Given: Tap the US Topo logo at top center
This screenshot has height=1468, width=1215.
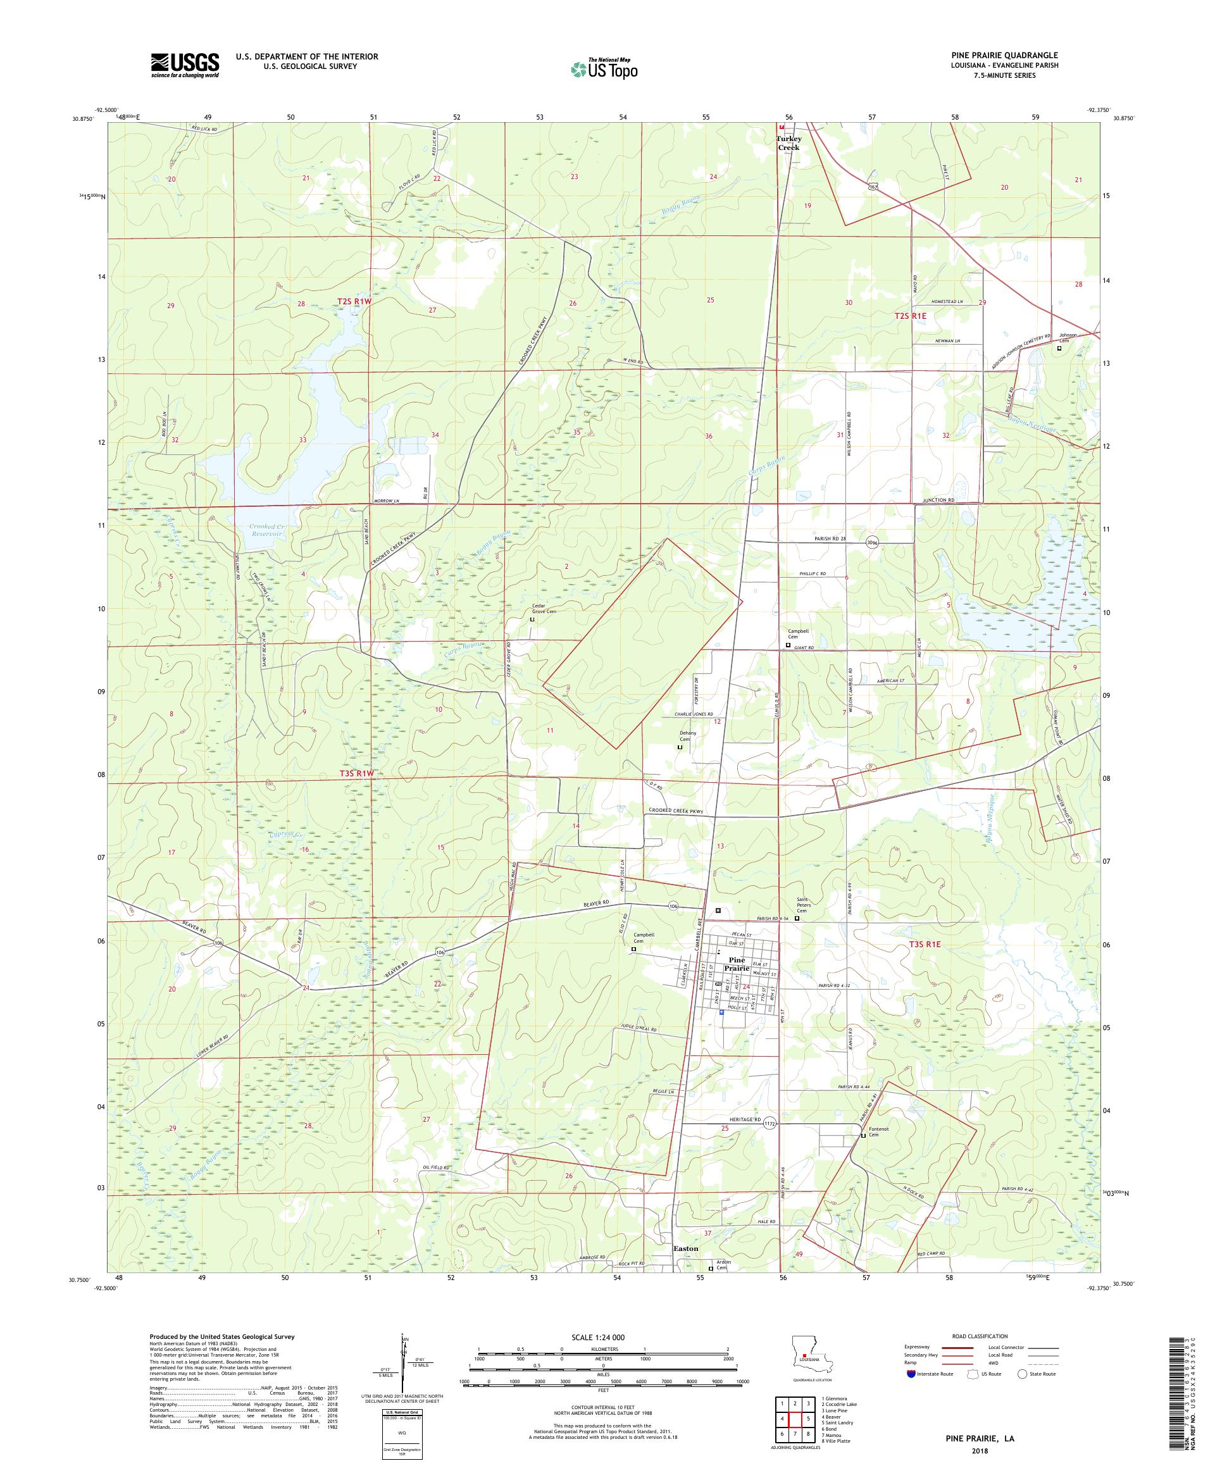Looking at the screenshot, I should [605, 68].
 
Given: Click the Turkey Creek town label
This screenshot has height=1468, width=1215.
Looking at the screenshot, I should [788, 142].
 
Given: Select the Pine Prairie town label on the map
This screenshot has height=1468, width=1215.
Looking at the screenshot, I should [738, 964].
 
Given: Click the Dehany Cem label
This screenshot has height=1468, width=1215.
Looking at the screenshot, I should [685, 736].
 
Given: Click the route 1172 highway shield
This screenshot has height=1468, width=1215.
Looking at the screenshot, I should [769, 1119].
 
